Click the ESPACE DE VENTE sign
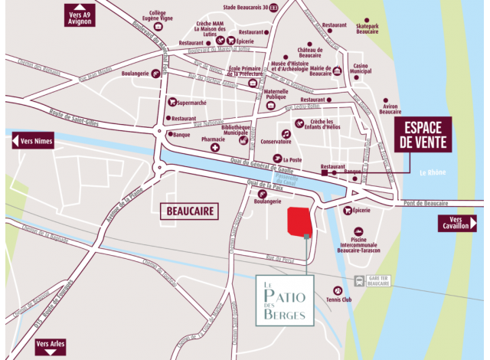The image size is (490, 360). click(423, 134)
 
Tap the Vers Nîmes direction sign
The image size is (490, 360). click(33, 140)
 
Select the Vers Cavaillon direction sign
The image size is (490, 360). click(457, 223)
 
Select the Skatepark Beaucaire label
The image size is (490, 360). click(367, 28)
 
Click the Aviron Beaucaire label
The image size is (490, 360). click(390, 110)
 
